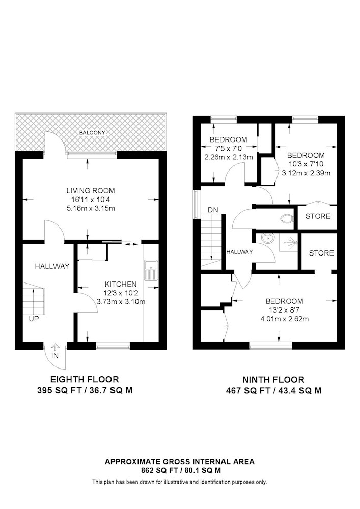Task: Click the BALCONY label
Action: [x=93, y=133]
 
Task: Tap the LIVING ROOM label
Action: [x=91, y=191]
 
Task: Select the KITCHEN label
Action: [x=121, y=285]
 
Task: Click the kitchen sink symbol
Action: [x=150, y=270]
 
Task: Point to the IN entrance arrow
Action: [x=55, y=348]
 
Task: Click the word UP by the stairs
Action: [x=34, y=319]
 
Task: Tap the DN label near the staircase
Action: [x=213, y=210]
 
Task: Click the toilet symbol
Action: [x=286, y=219]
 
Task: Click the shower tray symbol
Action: [x=289, y=242]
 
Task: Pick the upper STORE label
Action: [x=318, y=216]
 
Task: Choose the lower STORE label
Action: [x=321, y=253]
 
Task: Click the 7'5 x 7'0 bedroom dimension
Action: [x=228, y=149]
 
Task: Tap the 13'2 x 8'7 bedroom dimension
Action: [x=284, y=310]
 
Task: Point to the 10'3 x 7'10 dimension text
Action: [x=306, y=164]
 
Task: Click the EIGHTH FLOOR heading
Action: [x=85, y=379]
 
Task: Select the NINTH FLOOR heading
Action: [x=273, y=380]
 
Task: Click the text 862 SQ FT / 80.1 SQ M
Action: [x=180, y=470]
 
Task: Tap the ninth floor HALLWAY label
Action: [x=239, y=252]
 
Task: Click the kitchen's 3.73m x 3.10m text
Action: [x=121, y=301]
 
